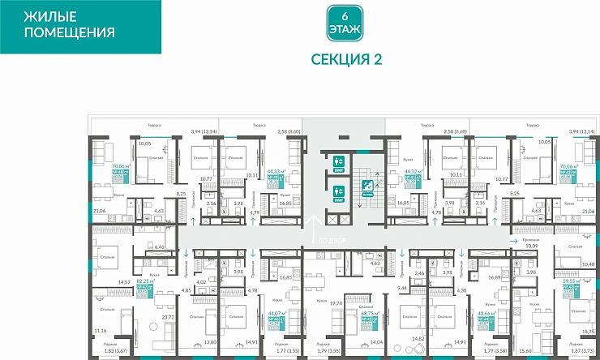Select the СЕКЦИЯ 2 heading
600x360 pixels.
(345, 58)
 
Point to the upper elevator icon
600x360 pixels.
(341, 162)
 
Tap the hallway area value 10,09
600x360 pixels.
(533, 246)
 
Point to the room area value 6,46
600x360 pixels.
(160, 246)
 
